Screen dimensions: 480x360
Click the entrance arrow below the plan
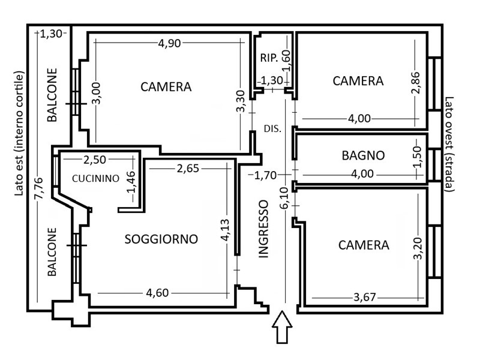[x=282, y=327]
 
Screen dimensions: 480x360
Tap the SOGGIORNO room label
[x=161, y=239]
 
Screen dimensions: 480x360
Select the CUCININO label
[x=95, y=178]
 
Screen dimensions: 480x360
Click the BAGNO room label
[x=363, y=155]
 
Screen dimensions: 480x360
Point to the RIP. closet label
[x=269, y=58]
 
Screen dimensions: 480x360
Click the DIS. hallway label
[x=272, y=129]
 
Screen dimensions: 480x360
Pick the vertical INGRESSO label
[x=263, y=229]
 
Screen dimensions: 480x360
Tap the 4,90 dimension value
[x=169, y=43]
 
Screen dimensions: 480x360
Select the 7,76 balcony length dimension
[x=39, y=188]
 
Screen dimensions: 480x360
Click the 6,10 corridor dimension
[x=284, y=198]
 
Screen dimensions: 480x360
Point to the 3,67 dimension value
[x=364, y=297]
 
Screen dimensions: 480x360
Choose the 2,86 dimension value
[x=416, y=83]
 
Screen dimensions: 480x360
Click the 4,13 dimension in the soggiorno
[x=226, y=230]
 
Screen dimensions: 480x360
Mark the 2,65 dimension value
[x=188, y=168]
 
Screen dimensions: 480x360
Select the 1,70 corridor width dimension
[x=266, y=175]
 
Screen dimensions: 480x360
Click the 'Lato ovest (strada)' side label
[x=449, y=144]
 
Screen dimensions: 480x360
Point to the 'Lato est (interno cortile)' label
[x=19, y=134]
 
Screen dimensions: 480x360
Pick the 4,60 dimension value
[x=157, y=293]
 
